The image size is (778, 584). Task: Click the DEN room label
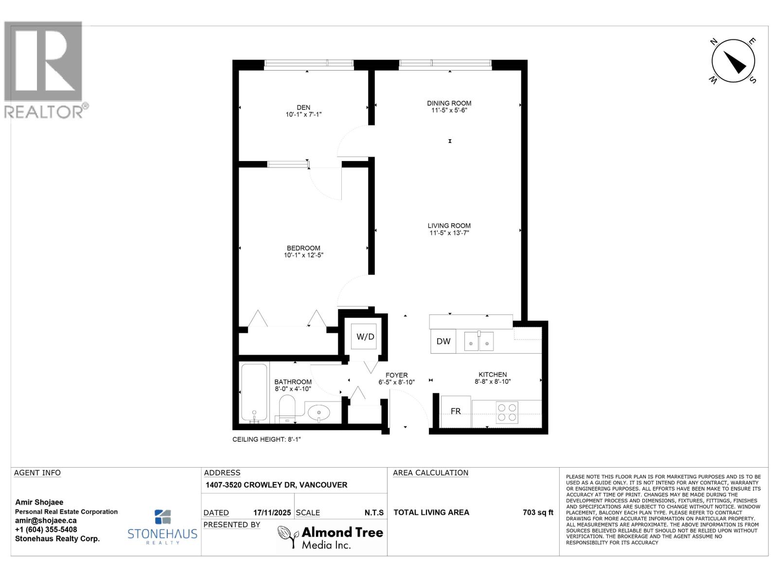click(303, 108)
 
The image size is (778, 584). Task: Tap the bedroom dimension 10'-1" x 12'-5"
click(303, 255)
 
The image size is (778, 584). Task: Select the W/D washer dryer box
click(365, 337)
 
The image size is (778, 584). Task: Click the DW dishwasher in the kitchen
click(443, 341)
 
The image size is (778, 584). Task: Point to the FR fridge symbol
click(456, 411)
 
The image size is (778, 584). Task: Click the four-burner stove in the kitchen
click(507, 412)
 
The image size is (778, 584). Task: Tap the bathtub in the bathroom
click(254, 392)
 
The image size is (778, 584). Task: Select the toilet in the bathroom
click(287, 408)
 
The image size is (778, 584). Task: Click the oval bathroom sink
click(318, 412)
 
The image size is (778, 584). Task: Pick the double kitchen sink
click(478, 341)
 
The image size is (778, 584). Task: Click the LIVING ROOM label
click(449, 226)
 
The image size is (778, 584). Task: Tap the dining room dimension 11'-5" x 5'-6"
click(449, 110)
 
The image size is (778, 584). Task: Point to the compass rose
click(733, 61)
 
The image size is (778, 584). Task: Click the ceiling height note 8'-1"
click(266, 439)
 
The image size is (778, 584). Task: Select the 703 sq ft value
click(538, 512)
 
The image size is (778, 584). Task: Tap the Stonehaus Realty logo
click(162, 527)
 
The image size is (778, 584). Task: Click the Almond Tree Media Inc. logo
click(331, 537)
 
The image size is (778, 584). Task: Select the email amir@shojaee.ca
click(46, 521)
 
